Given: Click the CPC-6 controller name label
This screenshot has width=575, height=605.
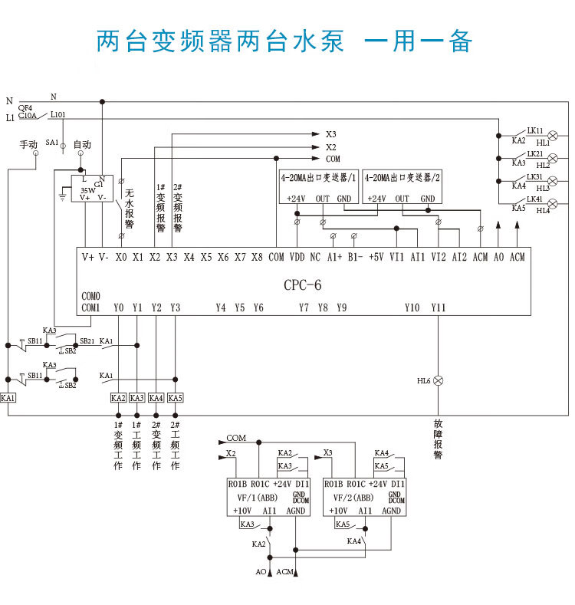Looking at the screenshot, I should pos(303,285).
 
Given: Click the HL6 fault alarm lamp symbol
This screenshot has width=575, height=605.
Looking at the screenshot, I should pos(439,380).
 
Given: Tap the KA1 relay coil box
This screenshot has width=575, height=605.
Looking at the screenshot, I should pos(8,398).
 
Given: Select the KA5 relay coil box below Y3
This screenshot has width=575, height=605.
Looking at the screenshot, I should pos(176,398).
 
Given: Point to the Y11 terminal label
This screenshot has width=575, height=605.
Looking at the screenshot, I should pos(438,307).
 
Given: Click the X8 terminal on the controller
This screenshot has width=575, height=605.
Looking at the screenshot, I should pos(258,257).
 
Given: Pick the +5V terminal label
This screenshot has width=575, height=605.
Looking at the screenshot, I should pos(376,257).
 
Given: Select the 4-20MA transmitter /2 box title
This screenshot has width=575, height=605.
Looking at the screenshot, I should pos(403,177).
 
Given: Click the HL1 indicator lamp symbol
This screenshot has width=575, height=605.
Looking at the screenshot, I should pos(553,136).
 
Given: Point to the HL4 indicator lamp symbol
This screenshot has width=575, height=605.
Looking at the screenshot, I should pos(553,203).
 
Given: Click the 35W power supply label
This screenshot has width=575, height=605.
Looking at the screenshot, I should pos(88,189).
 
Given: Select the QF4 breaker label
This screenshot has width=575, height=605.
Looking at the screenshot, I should pos(25,108).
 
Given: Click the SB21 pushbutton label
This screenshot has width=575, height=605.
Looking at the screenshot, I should pos(87,340).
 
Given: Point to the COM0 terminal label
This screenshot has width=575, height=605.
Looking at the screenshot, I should pos(90,296).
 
